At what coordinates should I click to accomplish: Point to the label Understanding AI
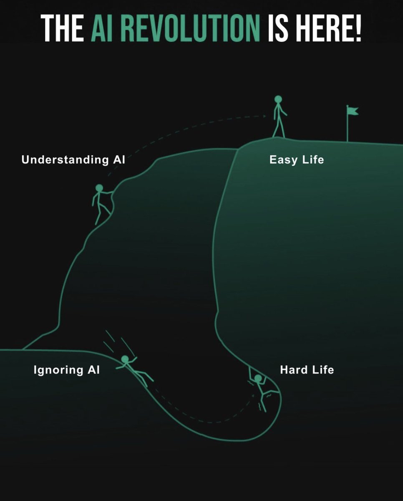pos(73,159)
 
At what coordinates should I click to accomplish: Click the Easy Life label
pos(296,159)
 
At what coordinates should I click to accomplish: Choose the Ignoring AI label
pos(67,370)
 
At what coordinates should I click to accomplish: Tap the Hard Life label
pos(307,370)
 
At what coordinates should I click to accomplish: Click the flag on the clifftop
pos(352,111)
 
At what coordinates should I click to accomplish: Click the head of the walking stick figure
pos(278,99)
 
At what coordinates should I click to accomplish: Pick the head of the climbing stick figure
pos(99,188)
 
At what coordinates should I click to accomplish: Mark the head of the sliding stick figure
pos(124,359)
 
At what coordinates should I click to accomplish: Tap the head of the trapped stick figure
pos(258,379)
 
